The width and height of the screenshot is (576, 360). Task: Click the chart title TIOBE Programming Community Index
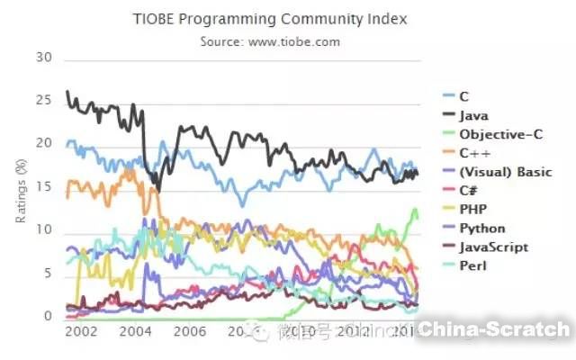269,18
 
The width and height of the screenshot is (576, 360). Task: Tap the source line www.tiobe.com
270,40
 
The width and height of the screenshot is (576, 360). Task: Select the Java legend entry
473,115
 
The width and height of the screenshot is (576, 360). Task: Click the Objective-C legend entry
493,134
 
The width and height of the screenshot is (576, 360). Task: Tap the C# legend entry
469,191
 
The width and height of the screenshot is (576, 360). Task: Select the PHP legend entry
472,210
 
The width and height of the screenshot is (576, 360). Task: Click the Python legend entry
481,229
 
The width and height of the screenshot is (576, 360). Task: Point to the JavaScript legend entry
492,247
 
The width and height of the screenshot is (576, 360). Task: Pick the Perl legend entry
472,266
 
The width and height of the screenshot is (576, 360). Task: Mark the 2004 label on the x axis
134,332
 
